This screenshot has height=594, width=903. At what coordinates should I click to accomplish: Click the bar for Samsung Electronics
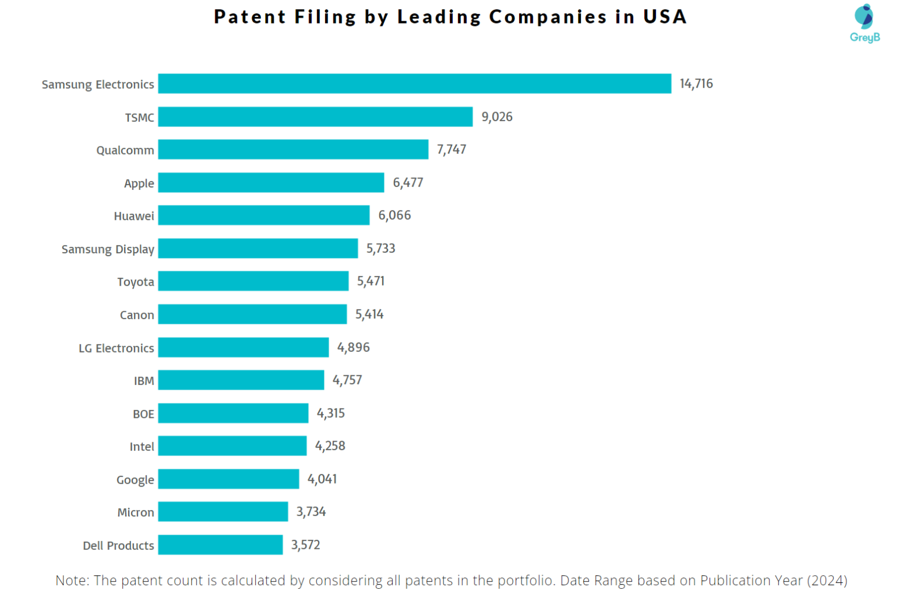(414, 83)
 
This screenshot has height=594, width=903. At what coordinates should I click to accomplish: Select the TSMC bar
(315, 116)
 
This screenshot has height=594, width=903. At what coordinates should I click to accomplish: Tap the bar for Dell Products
(220, 545)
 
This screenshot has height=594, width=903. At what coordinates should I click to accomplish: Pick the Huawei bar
(264, 215)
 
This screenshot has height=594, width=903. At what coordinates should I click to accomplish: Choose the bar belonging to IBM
(241, 380)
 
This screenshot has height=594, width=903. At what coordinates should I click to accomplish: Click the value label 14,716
(696, 83)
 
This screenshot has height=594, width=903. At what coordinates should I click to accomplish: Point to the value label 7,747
(451, 149)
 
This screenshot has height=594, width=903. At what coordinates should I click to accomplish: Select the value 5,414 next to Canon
(369, 314)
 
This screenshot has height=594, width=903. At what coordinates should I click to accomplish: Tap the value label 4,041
(322, 479)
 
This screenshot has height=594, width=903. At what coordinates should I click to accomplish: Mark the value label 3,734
(311, 512)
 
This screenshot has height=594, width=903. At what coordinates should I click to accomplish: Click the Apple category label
(139, 183)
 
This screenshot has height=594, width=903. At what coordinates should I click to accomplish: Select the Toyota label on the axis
(135, 282)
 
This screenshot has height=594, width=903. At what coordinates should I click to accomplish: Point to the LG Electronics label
(116, 348)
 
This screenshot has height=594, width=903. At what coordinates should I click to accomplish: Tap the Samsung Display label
(108, 249)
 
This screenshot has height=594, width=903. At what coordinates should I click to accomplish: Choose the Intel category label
(142, 447)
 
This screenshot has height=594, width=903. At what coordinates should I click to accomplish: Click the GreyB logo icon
(864, 16)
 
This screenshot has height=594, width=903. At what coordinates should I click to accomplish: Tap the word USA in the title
(665, 16)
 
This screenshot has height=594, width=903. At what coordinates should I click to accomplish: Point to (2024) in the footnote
(827, 580)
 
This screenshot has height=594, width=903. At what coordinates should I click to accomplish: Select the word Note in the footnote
(71, 580)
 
